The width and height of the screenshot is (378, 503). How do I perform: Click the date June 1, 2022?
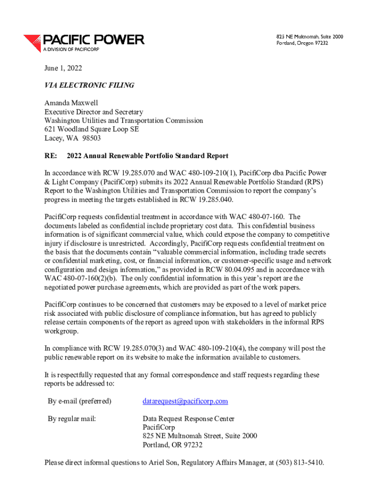(63, 68)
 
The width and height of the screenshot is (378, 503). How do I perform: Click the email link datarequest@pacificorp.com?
(185, 401)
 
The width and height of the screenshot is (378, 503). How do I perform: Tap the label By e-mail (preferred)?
(80, 401)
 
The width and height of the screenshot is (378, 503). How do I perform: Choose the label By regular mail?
(72, 419)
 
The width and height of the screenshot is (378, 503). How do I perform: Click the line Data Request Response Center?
(189, 419)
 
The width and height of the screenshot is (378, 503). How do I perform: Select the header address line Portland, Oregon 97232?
(302, 43)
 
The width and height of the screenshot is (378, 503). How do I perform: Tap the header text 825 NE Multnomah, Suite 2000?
(309, 36)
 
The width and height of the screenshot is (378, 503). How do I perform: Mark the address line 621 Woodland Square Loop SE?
(92, 130)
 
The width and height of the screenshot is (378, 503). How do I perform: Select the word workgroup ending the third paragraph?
(61, 331)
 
